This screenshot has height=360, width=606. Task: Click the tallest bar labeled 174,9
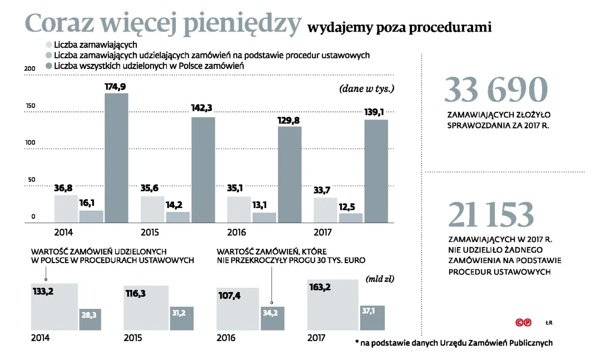point(116,158)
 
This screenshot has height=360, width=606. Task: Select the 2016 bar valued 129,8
point(290,174)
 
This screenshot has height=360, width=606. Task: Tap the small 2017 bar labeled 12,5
point(351,218)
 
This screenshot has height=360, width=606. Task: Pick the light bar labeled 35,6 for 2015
point(152,209)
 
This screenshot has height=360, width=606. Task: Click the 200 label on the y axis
point(29,69)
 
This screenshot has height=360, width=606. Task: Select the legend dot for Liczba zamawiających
point(49,44)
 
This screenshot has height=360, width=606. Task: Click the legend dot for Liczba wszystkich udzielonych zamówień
point(49,66)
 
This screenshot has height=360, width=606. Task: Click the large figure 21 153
point(491,215)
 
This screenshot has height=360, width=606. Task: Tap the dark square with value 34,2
point(273,318)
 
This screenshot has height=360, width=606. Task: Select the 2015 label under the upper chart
point(150,233)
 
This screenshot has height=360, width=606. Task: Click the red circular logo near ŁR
point(523,323)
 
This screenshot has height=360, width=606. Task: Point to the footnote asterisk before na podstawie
point(357,342)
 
